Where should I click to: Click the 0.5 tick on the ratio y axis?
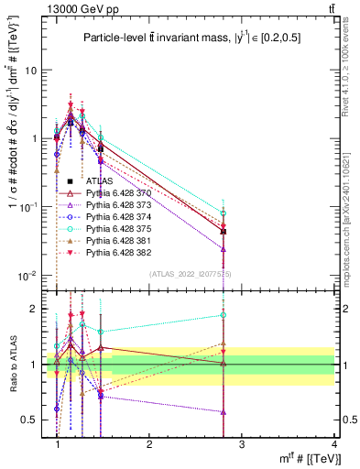tap(35, 420)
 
